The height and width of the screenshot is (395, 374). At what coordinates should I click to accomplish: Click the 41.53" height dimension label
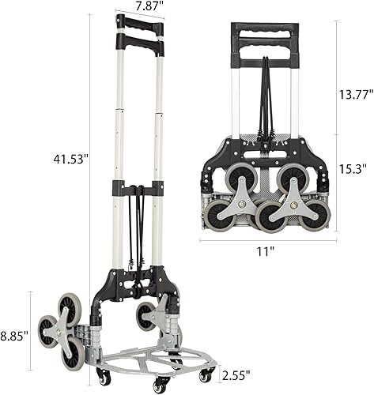[x=72, y=159]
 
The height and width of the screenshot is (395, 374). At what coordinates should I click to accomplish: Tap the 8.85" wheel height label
[x=13, y=334]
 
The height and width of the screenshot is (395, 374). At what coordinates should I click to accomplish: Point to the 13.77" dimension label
[x=355, y=95]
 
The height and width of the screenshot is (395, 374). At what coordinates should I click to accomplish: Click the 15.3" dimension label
[x=352, y=168]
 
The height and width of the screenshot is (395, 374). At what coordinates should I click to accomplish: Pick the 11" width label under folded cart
[x=266, y=252]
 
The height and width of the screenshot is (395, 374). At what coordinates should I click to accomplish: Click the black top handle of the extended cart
[x=139, y=24]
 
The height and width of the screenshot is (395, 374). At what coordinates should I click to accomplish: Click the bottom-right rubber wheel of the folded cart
[x=315, y=216]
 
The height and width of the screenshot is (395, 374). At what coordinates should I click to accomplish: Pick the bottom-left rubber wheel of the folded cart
[x=218, y=216]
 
